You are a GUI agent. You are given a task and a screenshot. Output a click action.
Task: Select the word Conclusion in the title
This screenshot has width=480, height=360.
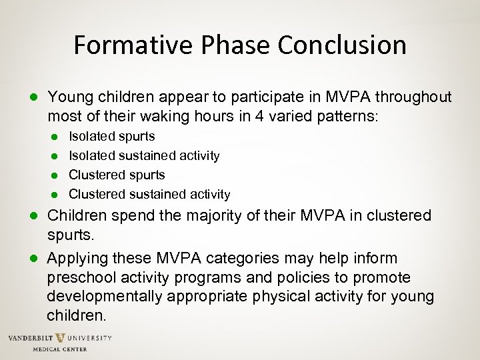tap(342, 45)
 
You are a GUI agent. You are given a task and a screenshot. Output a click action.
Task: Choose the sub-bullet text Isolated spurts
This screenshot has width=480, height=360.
tap(112, 136)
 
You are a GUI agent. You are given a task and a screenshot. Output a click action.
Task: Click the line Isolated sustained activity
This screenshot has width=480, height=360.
tap(144, 155)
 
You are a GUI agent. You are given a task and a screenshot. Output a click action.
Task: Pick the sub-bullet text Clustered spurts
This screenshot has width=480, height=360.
tap(117, 175)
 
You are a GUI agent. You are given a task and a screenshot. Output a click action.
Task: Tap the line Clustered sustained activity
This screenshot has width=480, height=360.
tap(149, 194)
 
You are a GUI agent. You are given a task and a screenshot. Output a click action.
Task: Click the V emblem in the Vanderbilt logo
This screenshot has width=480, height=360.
tap(60, 338)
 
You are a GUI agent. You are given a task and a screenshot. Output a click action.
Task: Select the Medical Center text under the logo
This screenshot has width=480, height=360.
tap(60, 349)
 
